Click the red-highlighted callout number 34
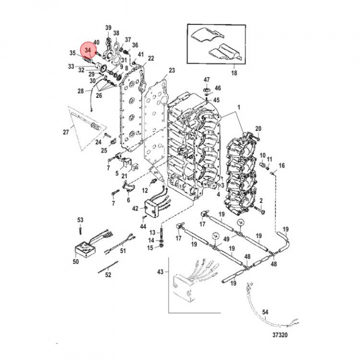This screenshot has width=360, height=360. coord(87,50)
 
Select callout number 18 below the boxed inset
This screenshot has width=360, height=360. coord(232,73)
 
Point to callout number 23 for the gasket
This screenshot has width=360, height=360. coord(171,70)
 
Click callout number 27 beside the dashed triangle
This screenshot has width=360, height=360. coord(65,132)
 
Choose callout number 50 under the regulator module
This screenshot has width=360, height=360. coord(76,261)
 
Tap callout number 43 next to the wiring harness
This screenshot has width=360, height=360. coord(160,271)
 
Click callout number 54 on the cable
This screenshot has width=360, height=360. coord(265,312)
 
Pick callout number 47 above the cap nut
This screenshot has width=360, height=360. coord(206,80)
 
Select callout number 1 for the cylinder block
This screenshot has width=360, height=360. coord(238,108)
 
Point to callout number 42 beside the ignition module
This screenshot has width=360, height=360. coord(135,208)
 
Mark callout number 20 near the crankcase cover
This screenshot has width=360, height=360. coord(258,129)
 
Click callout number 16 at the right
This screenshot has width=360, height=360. coord(281,165)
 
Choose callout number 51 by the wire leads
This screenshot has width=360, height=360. coord(123,250)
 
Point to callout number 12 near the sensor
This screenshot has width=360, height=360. coord(145,190)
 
